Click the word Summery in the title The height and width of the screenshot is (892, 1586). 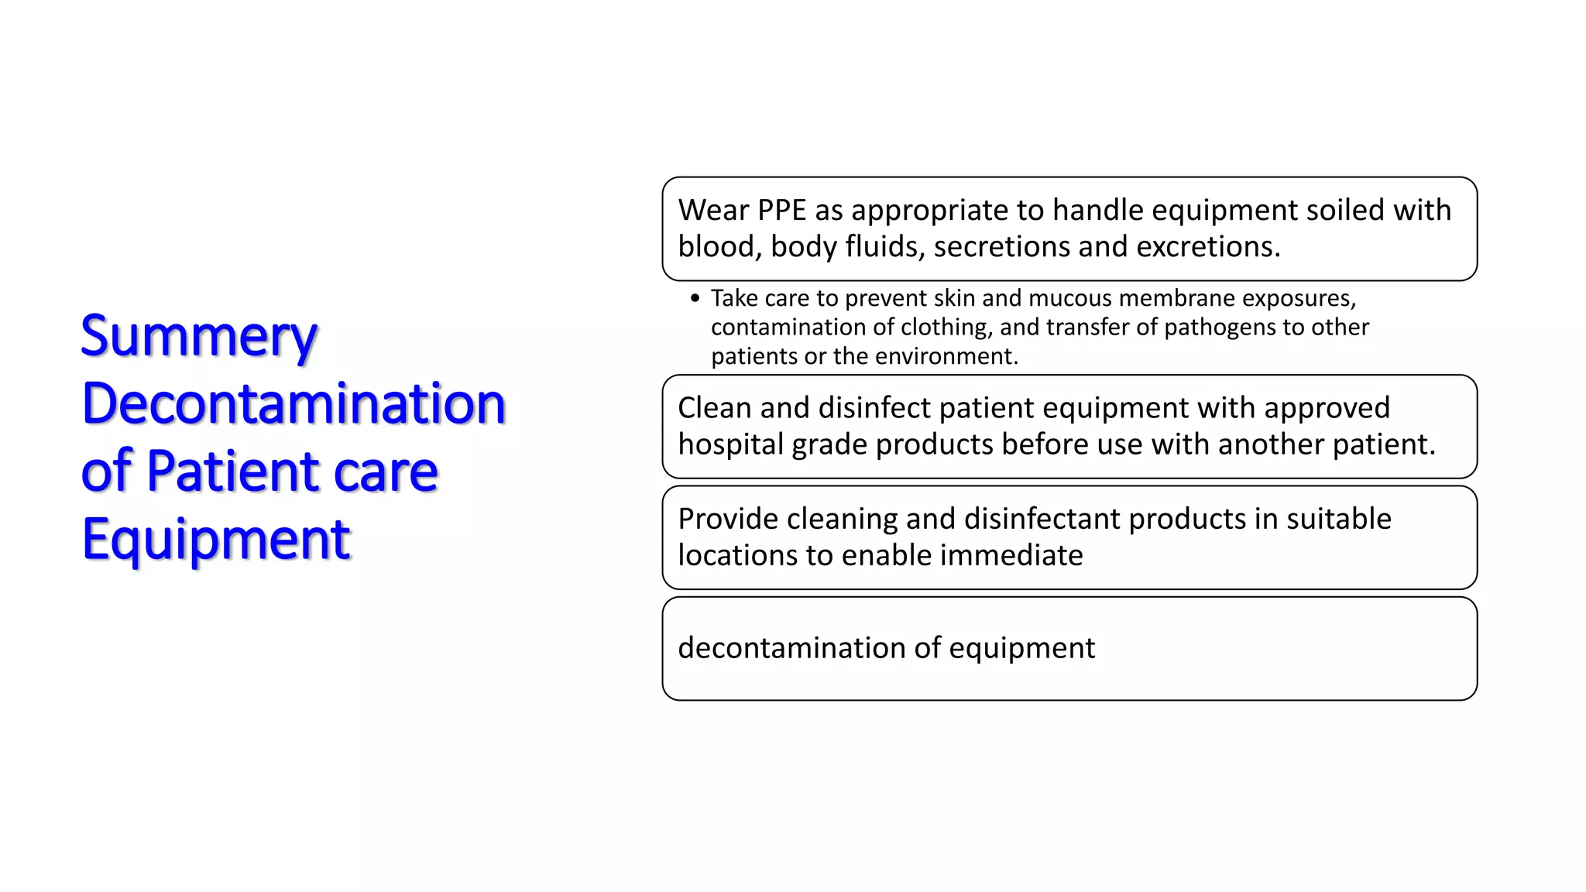[199, 338]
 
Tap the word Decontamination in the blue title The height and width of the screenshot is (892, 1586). [294, 404]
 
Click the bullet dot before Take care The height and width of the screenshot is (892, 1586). [695, 298]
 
